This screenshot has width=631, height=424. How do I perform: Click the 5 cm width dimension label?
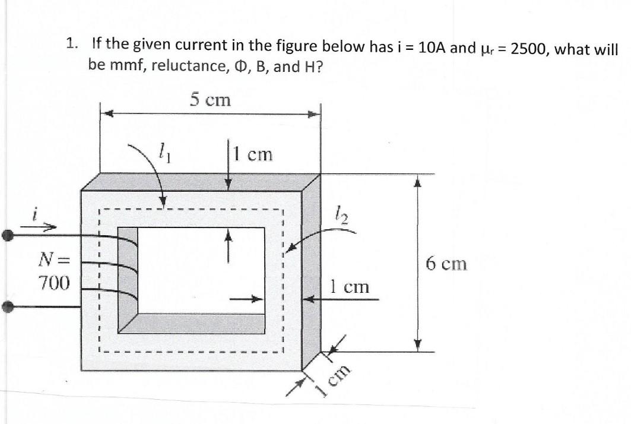210,100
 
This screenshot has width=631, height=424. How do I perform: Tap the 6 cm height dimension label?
446,263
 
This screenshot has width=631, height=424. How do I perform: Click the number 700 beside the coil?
54,282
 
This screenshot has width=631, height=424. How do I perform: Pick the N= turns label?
54,259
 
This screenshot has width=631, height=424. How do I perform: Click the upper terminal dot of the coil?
8,235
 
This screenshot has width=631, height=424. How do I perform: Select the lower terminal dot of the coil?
8,307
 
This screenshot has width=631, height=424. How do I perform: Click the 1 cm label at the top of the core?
253,154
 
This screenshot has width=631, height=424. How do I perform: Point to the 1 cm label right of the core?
350,287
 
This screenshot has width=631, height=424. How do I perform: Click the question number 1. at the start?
72,43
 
